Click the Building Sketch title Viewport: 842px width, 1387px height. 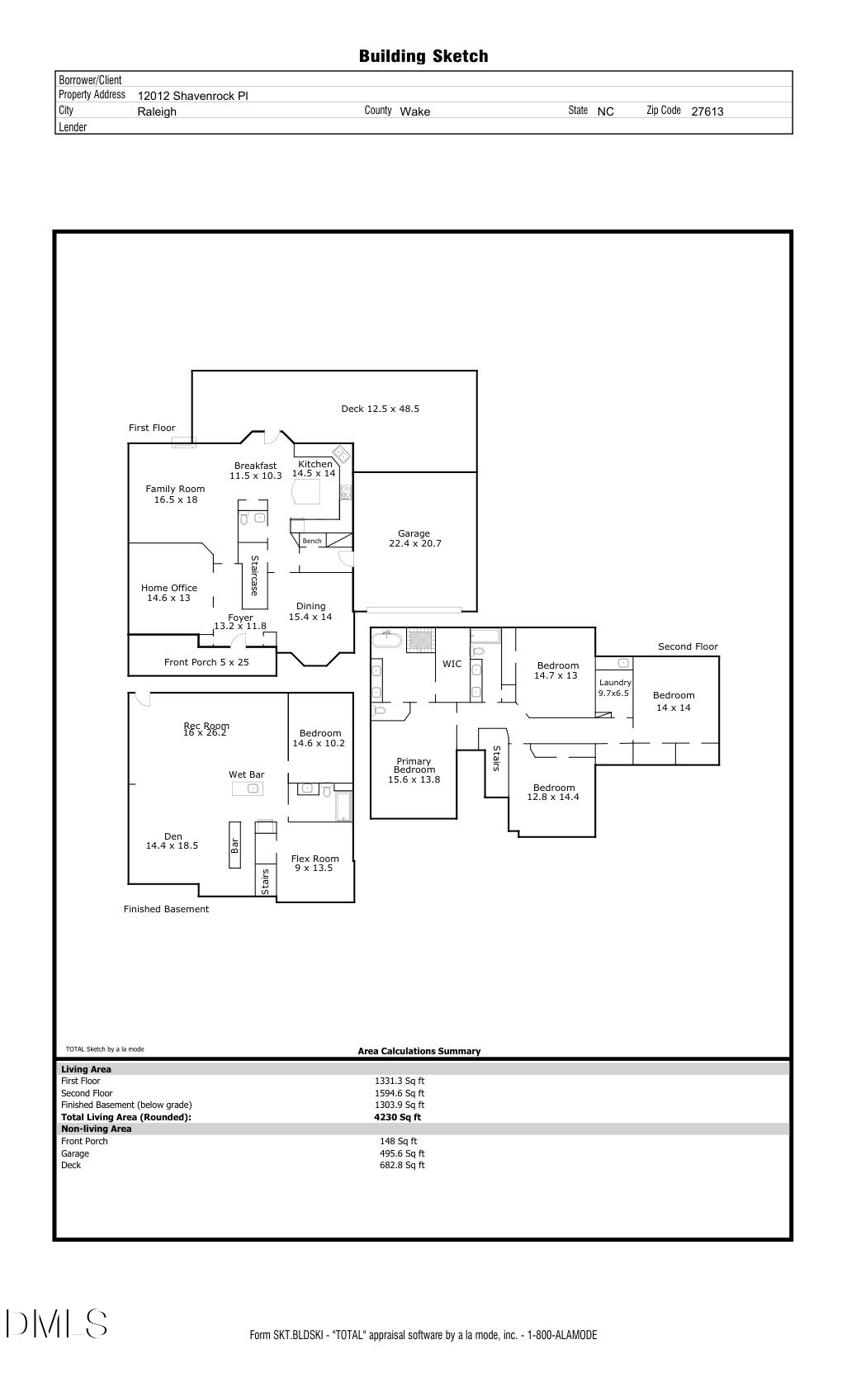tap(423, 56)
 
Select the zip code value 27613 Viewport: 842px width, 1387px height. tap(707, 111)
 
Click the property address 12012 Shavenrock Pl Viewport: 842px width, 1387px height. tap(192, 96)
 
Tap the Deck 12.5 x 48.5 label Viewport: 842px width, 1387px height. tap(380, 409)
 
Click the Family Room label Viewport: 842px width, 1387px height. tap(175, 494)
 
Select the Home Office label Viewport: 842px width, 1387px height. tap(169, 593)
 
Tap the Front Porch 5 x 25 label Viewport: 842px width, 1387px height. tap(206, 662)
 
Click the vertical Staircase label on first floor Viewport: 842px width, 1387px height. tap(254, 575)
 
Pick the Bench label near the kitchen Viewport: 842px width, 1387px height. tap(311, 541)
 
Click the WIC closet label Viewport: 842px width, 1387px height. tap(452, 664)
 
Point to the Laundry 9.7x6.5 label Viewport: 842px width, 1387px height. tap(614, 688)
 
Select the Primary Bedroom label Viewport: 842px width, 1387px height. tap(414, 769)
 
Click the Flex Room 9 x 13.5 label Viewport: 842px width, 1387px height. tap(315, 863)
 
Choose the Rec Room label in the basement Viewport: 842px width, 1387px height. tap(206, 729)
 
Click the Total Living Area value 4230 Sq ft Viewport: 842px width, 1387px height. tap(397, 1117)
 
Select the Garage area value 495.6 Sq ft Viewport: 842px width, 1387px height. tap(402, 1153)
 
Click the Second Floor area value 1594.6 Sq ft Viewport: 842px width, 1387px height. tap(400, 1093)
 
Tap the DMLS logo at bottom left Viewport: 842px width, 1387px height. tap(56, 1323)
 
